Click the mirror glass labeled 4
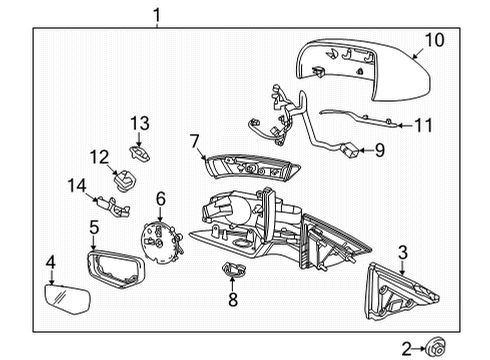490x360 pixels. point(67,299)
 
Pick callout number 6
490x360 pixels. point(159,199)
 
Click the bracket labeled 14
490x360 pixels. point(117,207)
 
